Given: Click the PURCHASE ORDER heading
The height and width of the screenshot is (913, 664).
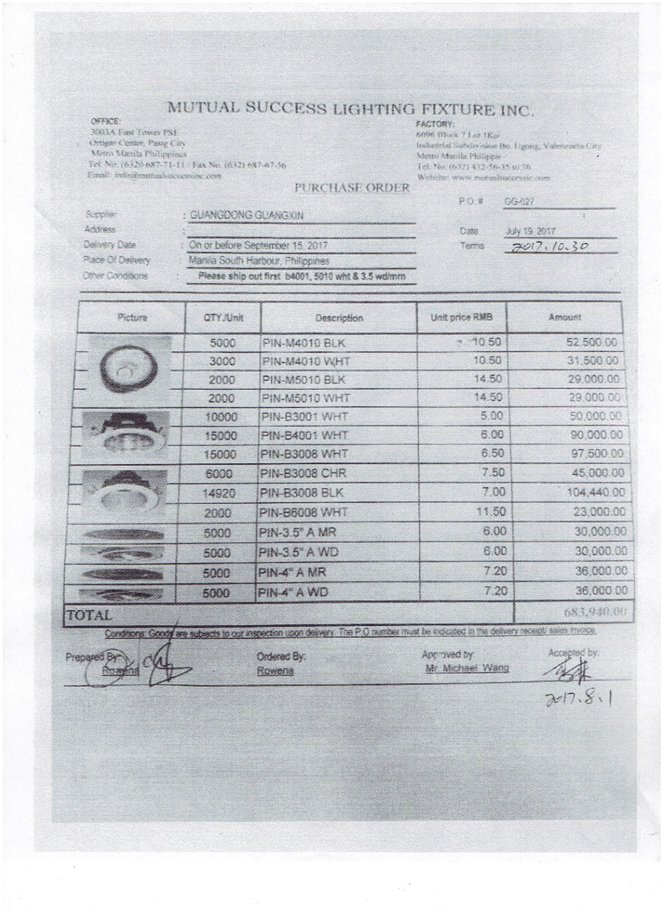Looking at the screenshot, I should click(352, 187).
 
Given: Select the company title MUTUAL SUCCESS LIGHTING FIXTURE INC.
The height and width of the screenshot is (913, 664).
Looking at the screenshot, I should click(351, 109).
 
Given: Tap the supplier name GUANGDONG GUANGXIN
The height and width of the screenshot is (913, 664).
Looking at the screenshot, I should click(246, 216).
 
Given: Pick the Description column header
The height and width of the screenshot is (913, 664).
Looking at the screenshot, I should click(339, 318).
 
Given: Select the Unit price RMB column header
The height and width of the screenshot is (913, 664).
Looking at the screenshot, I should click(461, 317).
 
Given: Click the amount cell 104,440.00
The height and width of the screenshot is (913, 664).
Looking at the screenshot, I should click(596, 492).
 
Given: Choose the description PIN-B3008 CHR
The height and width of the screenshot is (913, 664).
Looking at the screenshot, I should click(303, 473).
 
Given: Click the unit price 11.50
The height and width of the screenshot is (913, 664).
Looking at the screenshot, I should click(491, 512).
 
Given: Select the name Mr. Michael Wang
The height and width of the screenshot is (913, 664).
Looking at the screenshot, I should click(467, 668).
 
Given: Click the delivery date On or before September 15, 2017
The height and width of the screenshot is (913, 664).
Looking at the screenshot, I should click(259, 245).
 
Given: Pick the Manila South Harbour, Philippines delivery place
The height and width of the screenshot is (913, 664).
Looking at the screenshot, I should click(259, 261).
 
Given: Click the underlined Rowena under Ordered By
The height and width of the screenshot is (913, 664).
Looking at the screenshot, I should click(275, 671).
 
